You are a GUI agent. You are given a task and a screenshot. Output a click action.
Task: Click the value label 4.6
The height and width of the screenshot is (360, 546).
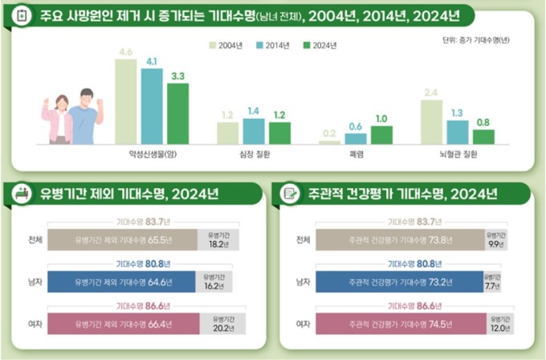125,52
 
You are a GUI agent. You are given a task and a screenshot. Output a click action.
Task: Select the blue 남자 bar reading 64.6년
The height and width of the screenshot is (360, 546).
121,282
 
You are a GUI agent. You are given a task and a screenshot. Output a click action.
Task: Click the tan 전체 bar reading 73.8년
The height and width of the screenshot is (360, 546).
399,239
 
